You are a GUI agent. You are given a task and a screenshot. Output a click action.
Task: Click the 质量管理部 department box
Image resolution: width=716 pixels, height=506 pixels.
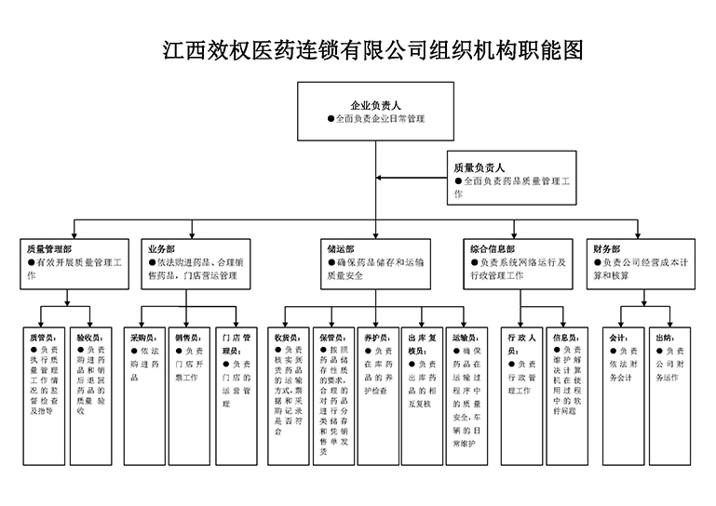coord(74,262)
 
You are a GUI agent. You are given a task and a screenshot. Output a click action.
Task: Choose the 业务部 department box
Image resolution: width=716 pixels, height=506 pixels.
coord(195,262)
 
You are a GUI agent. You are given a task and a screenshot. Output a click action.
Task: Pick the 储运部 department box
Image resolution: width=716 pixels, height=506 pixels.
coord(375,262)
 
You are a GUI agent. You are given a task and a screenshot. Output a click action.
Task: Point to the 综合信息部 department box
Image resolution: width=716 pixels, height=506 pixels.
coord(518,262)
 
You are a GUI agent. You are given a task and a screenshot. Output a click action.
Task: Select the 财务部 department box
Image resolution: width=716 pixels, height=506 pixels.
coord(641,262)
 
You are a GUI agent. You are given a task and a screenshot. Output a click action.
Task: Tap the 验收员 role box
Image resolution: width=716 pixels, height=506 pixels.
coord(92,394)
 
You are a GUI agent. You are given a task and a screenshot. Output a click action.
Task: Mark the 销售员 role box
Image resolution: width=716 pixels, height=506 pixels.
coord(189,394)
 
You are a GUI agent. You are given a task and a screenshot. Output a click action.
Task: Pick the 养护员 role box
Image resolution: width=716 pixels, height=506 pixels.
coord(377,394)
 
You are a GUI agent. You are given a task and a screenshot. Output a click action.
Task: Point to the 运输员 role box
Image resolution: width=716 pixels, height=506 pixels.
coord(466,394)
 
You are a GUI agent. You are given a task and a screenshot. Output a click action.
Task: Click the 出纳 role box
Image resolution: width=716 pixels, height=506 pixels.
coord(669,394)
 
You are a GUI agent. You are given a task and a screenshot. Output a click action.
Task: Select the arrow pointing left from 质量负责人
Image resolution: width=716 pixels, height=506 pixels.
coord(410,177)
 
